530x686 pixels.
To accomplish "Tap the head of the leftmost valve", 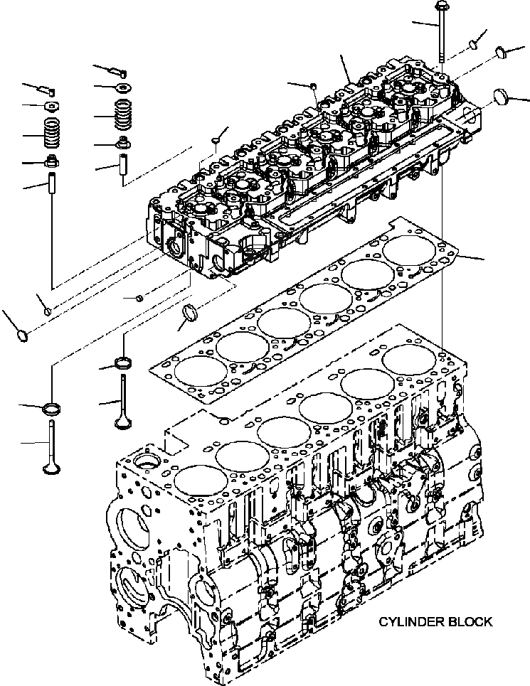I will pos(51,468).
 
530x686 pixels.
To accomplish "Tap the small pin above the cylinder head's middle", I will pos(314,86).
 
